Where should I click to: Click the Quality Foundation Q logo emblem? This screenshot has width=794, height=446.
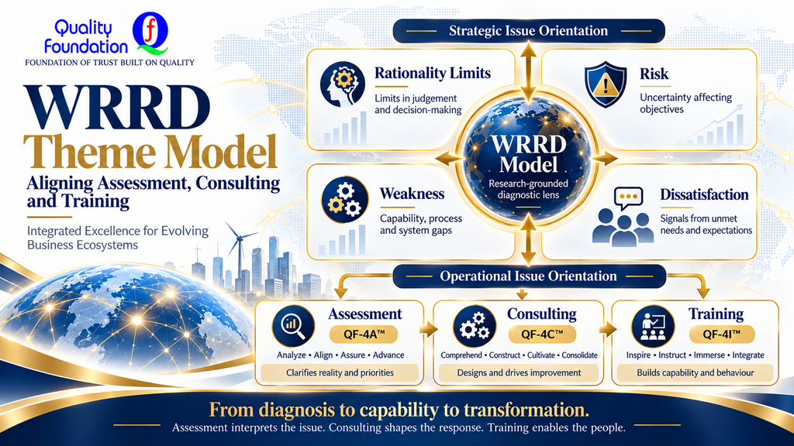150,33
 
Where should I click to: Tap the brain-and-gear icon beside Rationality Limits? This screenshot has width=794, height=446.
343,84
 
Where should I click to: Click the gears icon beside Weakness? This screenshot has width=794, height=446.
345,200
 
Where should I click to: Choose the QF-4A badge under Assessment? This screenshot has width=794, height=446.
364,334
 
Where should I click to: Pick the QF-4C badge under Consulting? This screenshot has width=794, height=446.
542,334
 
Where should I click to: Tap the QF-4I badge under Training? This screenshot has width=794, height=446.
722,334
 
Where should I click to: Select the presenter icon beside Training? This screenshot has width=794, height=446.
653,326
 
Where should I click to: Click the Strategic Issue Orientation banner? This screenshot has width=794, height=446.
529,31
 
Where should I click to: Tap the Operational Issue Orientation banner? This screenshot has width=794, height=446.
529,276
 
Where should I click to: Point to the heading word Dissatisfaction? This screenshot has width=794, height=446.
704,194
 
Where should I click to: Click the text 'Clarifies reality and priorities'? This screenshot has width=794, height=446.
340,372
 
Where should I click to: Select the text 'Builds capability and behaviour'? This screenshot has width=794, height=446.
696,372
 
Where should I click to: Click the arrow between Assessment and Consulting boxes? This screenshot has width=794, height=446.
428,329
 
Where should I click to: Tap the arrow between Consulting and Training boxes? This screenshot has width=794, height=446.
607,329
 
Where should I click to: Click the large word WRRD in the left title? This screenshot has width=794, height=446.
117,108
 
